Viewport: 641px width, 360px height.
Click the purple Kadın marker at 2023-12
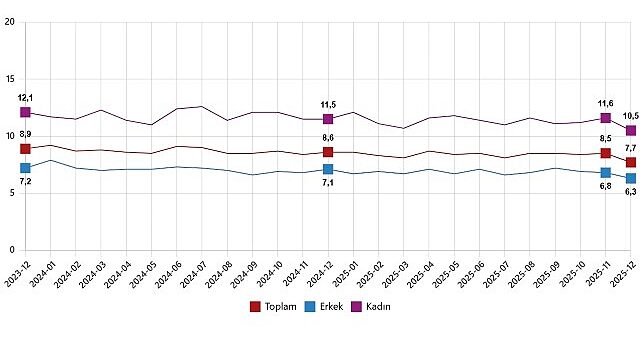25,112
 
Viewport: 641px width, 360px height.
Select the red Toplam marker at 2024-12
328,152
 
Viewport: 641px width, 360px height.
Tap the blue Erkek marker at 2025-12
631,178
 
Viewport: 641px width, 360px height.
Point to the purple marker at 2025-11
606,118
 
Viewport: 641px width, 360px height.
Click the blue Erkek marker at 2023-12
25,168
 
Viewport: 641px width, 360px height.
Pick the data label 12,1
26,98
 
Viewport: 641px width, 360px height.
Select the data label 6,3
630,192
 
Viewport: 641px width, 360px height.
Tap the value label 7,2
26,183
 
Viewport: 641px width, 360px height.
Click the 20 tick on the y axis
10,22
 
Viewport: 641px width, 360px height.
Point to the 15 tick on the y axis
10,79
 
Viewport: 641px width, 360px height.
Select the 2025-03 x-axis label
399,274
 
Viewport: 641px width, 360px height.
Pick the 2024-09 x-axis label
248,274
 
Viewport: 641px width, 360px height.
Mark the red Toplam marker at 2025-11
606,153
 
